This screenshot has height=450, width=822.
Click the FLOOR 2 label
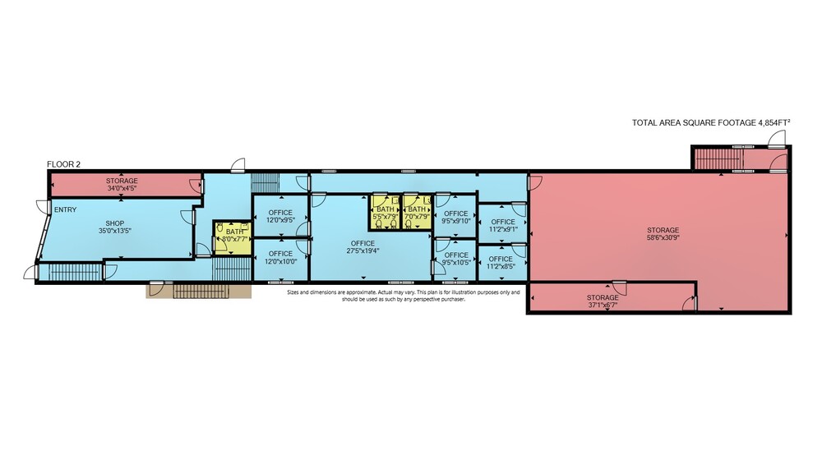[63, 164]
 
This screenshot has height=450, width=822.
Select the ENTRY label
[66, 209]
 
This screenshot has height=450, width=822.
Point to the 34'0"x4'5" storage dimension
[122, 187]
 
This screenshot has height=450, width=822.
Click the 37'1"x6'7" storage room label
[603, 301]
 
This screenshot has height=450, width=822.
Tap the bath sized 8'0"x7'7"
[231, 238]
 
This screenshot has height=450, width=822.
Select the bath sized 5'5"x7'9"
[386, 212]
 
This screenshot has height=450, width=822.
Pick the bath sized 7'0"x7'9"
[417, 212]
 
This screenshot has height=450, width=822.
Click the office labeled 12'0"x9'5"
[280, 216]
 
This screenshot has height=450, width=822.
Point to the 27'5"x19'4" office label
[363, 246]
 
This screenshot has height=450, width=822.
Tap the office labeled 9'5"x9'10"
[455, 217]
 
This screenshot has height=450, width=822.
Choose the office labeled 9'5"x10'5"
[455, 259]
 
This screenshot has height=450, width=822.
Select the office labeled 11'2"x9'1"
[503, 224]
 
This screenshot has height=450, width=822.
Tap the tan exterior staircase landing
[198, 292]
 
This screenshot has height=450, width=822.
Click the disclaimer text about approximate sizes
[403, 296]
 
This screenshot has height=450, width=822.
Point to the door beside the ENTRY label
[42, 206]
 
